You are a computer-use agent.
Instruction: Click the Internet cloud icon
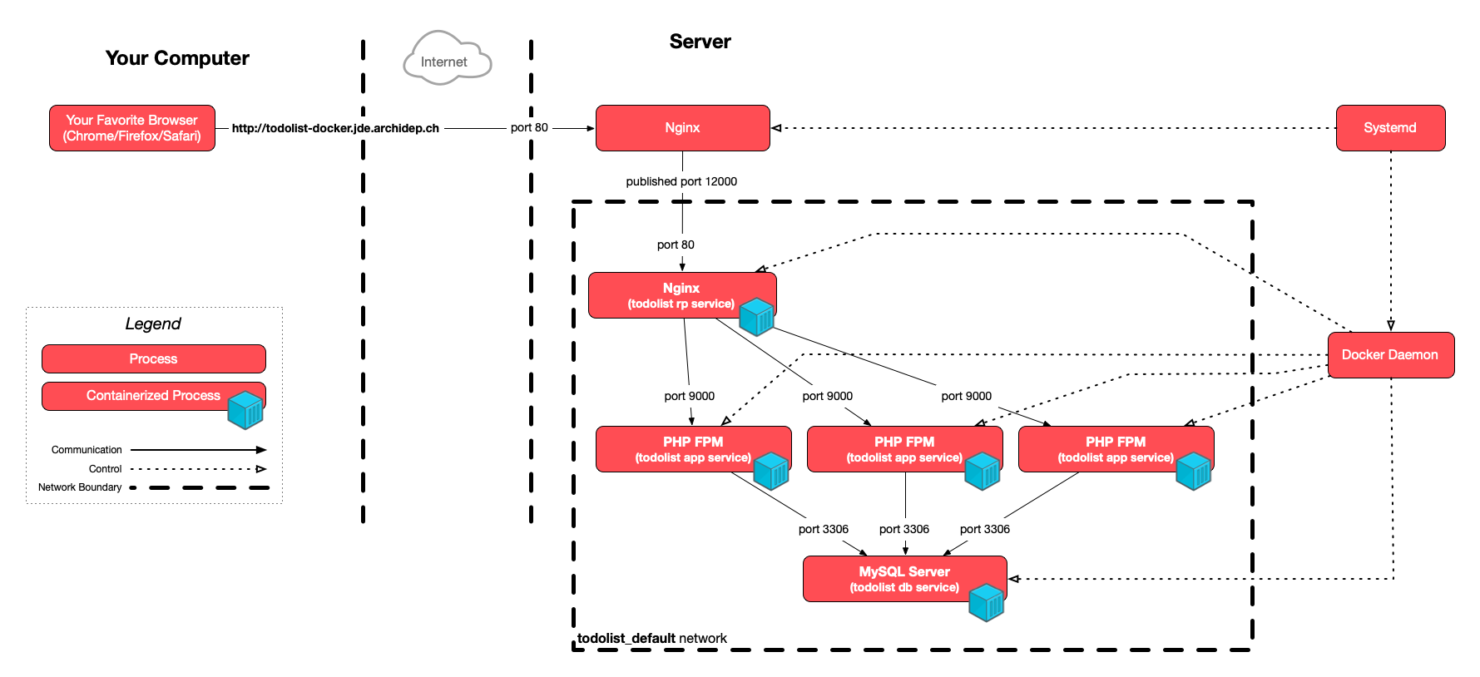coord(447,59)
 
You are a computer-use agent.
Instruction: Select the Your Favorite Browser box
coord(132,128)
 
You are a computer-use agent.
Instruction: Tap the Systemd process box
coord(1389,128)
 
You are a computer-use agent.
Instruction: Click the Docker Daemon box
coord(1389,355)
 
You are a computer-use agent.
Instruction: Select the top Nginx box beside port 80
coord(682,128)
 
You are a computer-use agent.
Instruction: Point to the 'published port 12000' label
coord(681,181)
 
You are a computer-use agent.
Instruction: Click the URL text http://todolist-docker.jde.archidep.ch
coord(335,128)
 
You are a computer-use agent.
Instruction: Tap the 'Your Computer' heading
coord(177,58)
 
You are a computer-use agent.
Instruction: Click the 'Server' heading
coord(700,42)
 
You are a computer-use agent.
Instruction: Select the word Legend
coord(153,324)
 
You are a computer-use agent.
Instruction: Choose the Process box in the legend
coord(153,359)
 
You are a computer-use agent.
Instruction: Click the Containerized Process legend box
coord(153,396)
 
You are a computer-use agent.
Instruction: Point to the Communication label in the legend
coord(87,450)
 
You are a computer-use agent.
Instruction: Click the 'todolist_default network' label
coord(652,639)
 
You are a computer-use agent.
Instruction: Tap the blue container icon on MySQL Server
coord(987,603)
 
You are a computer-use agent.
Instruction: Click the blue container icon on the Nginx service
coord(757,317)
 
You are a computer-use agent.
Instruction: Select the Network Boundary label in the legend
coord(80,487)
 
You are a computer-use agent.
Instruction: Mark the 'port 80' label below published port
coord(676,245)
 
